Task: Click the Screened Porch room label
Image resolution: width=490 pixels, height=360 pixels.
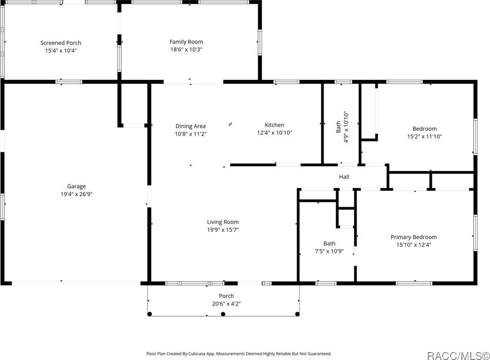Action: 61,43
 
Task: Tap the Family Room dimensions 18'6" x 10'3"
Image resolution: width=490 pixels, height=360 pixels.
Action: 186,49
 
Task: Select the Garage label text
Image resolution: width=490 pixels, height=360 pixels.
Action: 76,186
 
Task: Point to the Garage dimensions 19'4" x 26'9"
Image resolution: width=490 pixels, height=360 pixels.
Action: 76,194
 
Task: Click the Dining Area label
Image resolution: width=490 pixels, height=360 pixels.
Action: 190,126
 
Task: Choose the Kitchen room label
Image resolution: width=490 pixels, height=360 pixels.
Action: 274,125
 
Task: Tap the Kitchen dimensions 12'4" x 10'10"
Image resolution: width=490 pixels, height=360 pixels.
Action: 274,133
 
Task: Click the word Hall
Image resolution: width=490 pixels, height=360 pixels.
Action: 344,177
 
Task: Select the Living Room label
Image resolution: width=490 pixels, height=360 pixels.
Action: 223,222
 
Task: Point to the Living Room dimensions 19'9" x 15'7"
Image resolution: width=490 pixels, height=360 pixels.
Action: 223,230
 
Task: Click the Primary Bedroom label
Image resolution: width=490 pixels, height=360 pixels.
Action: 414,237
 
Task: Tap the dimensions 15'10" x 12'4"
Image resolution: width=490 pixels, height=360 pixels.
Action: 414,245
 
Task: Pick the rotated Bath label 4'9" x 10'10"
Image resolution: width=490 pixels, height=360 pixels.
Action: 342,127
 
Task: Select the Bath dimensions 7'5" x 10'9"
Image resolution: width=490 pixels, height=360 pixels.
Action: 329,251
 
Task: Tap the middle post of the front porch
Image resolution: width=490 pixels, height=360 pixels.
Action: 223,314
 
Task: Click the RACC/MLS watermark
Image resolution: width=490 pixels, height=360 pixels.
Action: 458,355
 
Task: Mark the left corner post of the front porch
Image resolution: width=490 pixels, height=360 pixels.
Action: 149,314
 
